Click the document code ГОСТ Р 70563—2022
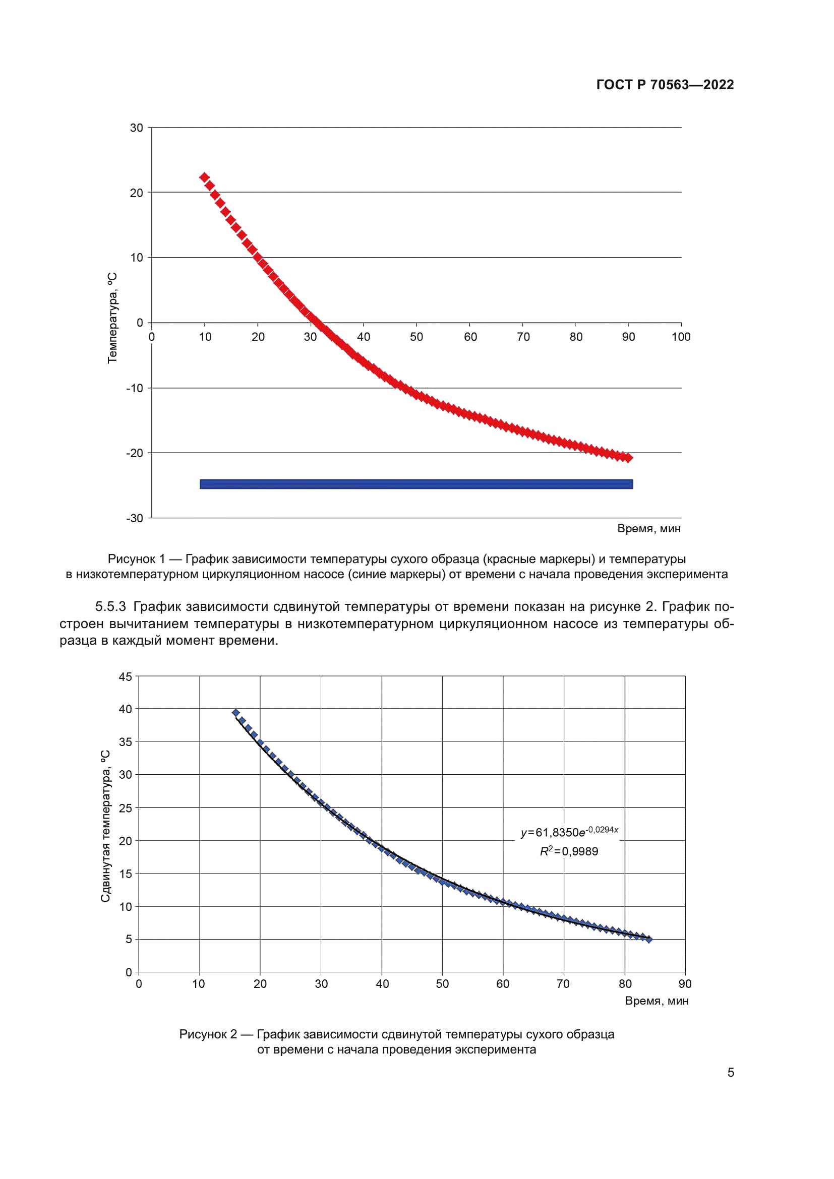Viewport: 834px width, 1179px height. pyautogui.click(x=665, y=85)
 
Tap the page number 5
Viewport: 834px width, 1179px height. pyautogui.click(x=730, y=1072)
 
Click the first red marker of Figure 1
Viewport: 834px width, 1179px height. pyautogui.click(x=204, y=177)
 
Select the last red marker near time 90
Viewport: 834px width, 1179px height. pyautogui.click(x=628, y=458)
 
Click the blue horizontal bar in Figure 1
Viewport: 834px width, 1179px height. pyautogui.click(x=416, y=484)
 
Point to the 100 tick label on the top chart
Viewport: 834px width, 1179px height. pyautogui.click(x=681, y=337)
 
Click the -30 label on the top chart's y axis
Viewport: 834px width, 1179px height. pyautogui.click(x=135, y=518)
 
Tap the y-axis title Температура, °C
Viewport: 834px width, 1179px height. pyautogui.click(x=112, y=319)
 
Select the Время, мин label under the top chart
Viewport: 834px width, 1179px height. pyautogui.click(x=648, y=528)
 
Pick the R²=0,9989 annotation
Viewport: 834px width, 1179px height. pyautogui.click(x=569, y=851)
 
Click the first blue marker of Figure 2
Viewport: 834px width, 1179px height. pyautogui.click(x=235, y=713)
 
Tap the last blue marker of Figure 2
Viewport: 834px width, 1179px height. pyautogui.click(x=648, y=939)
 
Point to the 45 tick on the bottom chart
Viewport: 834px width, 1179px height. pyautogui.click(x=126, y=677)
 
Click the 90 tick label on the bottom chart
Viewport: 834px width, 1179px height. pyautogui.click(x=685, y=984)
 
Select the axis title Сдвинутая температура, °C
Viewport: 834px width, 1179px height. pyautogui.click(x=105, y=826)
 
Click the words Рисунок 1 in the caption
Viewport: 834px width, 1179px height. pyautogui.click(x=136, y=559)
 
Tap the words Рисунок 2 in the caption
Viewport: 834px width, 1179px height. pyautogui.click(x=208, y=1034)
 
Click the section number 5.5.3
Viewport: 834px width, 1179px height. pyautogui.click(x=110, y=606)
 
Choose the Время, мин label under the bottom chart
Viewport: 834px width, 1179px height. pyautogui.click(x=657, y=1001)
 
